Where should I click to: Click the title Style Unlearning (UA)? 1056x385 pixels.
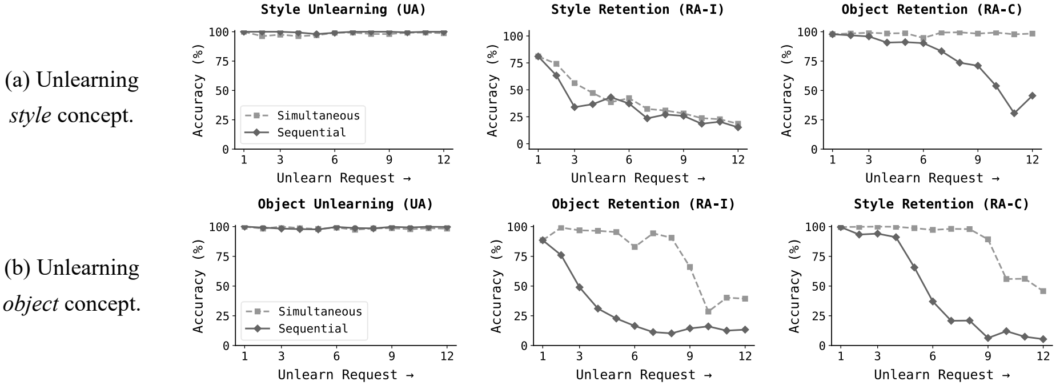coord(343,10)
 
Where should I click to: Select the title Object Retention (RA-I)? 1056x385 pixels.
coord(643,204)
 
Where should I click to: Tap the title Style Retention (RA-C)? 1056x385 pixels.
coord(941,204)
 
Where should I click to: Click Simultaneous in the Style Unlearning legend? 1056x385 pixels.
coord(318,115)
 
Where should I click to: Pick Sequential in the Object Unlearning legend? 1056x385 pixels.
coord(313,328)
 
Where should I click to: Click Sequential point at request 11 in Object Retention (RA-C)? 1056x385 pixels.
coord(1014,113)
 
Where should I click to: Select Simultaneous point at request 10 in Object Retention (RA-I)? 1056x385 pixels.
coord(708,311)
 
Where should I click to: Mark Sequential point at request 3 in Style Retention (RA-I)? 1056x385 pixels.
coord(574,107)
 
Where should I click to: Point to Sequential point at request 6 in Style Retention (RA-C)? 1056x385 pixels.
coord(933,301)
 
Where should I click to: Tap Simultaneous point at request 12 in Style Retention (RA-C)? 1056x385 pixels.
coord(1043,291)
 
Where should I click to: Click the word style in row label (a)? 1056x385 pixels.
coord(30,116)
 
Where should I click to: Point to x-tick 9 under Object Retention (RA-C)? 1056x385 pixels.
coord(978,160)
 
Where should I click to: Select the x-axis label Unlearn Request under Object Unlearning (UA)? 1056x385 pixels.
coord(345,375)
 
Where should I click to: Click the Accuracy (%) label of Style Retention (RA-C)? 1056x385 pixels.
coord(794,286)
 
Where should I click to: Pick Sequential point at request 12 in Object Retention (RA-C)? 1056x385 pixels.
coord(1032,95)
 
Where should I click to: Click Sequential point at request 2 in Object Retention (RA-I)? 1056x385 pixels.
coord(561,255)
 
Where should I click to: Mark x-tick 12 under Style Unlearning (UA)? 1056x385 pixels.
coord(443,160)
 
